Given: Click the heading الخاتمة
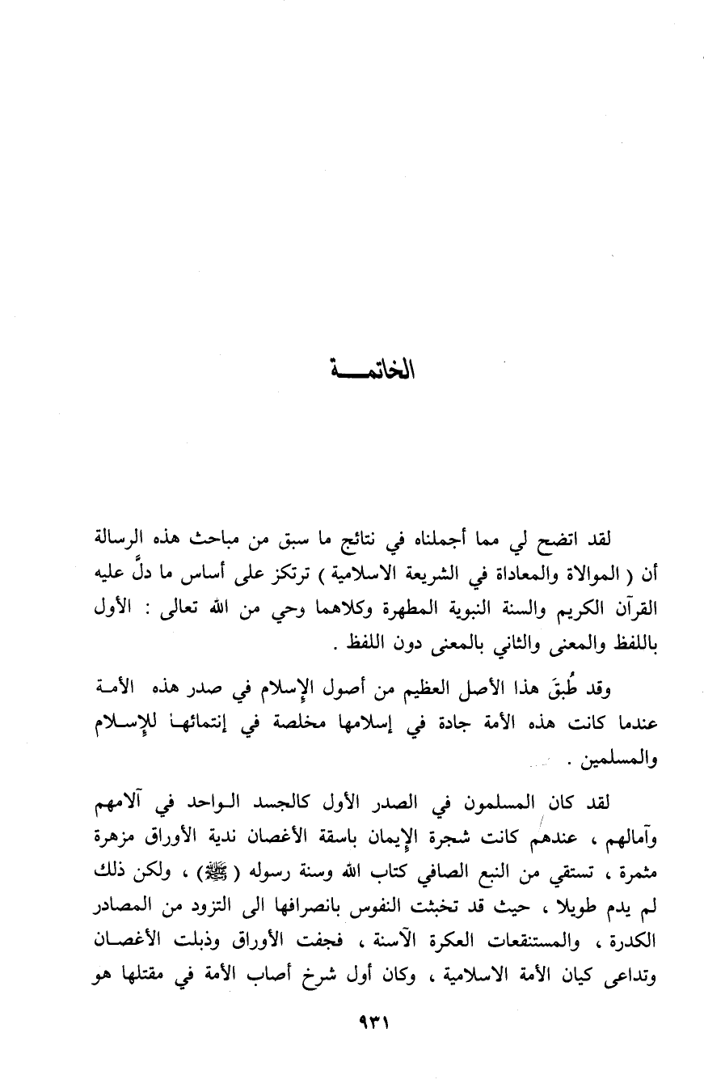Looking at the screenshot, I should (369, 374).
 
